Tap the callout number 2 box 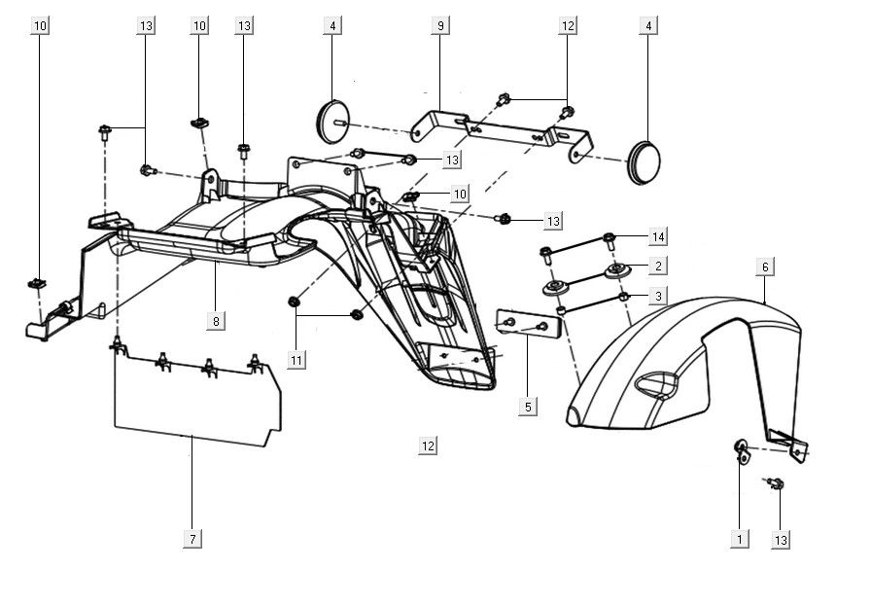pos(658,266)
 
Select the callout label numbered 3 pos(658,295)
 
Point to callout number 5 pos(528,407)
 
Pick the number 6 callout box pos(765,266)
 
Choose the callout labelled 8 pos(216,319)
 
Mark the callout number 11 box pos(296,360)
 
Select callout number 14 pos(658,236)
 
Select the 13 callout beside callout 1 pos(781,538)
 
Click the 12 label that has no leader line pos(429,446)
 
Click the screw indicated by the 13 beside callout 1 pos(777,482)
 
